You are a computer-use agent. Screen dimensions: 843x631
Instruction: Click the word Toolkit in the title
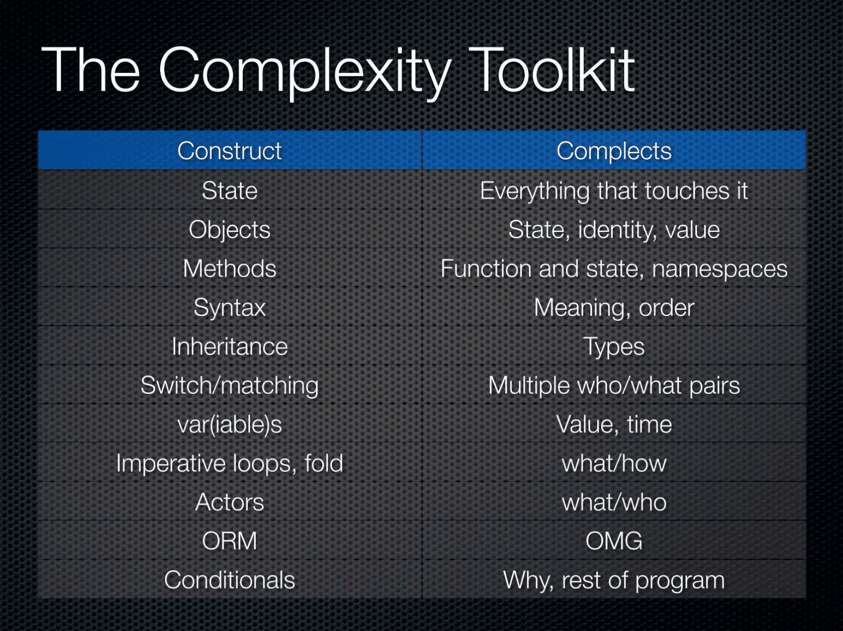point(552,70)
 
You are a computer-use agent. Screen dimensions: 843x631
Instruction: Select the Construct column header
point(230,150)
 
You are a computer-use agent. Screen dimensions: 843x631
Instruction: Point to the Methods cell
point(230,269)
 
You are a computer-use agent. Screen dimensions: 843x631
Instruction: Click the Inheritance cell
point(230,346)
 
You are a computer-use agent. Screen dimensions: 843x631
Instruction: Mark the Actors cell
point(230,502)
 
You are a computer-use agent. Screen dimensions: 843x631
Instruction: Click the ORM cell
point(230,541)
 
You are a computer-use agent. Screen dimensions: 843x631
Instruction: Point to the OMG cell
point(614,541)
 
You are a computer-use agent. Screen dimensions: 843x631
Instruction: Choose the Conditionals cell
point(230,579)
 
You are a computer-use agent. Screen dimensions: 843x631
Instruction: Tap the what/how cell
point(614,463)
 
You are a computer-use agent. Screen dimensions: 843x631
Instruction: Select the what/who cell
point(614,502)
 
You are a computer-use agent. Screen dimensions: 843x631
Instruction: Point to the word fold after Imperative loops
point(324,463)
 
